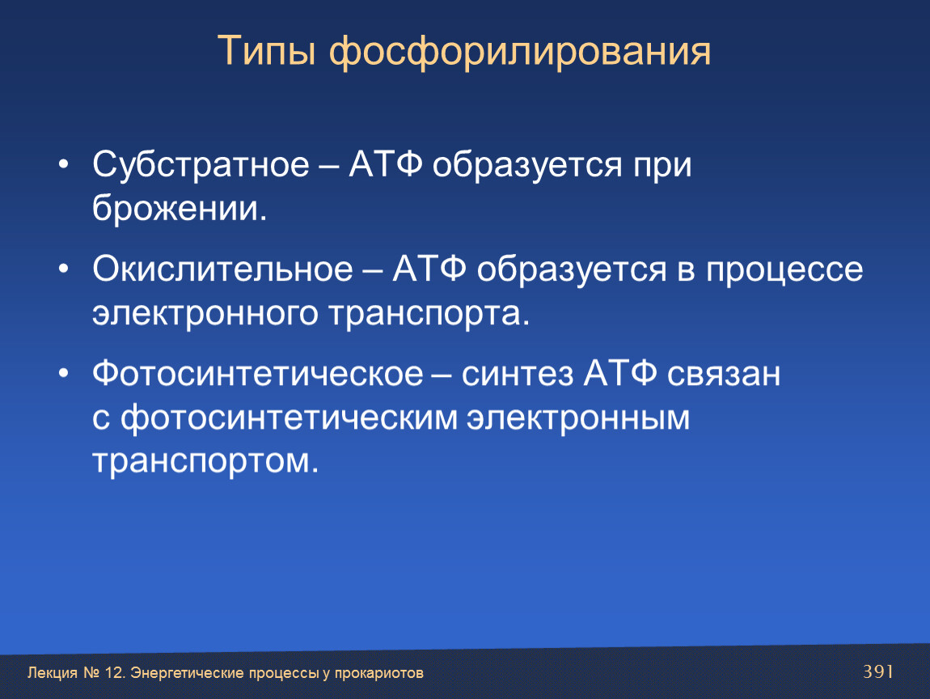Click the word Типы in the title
tap(266, 52)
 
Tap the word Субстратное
tap(201, 163)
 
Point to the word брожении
tap(180, 208)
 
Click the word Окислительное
tap(223, 269)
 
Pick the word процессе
tap(784, 271)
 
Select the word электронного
tap(205, 314)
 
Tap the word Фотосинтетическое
tap(258, 374)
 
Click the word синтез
tap(518, 375)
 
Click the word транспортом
tap(205, 462)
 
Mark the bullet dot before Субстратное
tap(64, 164)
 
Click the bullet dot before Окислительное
tap(64, 269)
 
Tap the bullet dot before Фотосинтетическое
tap(64, 374)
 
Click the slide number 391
tap(878, 671)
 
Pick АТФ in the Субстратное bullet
tap(386, 163)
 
